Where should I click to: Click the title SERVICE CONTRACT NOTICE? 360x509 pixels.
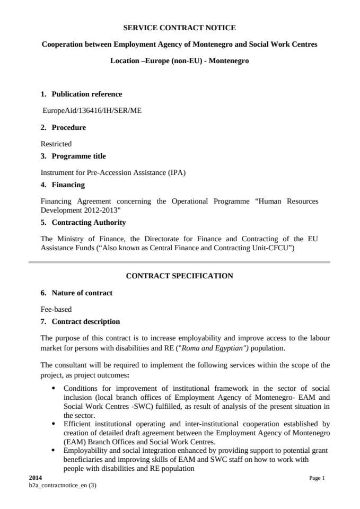pyautogui.click(x=179, y=28)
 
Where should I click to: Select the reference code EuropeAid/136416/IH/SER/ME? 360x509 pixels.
pyautogui.click(x=92, y=111)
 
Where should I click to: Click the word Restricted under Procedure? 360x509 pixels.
pyautogui.click(x=56, y=144)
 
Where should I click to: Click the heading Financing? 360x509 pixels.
pyautogui.click(x=68, y=185)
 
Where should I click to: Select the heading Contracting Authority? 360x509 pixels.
pyautogui.click(x=89, y=223)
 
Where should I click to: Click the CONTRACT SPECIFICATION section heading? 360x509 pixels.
pyautogui.click(x=179, y=276)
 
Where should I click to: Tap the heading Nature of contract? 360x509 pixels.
pyautogui.click(x=82, y=293)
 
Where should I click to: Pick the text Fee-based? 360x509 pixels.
pyautogui.click(x=56, y=309)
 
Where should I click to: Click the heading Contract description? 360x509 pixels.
pyautogui.click(x=85, y=322)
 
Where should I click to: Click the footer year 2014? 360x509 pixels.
pyautogui.click(x=35, y=478)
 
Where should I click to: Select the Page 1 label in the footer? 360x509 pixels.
pyautogui.click(x=317, y=478)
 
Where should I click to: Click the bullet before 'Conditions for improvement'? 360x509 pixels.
pyautogui.click(x=55, y=389)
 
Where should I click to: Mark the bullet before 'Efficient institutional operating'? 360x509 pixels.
pyautogui.click(x=55, y=424)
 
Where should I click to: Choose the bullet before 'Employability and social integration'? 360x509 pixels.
pyautogui.click(x=55, y=450)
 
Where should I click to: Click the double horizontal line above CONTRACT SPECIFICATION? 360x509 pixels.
pyautogui.click(x=179, y=262)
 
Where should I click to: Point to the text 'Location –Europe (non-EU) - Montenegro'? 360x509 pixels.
pyautogui.click(x=179, y=61)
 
